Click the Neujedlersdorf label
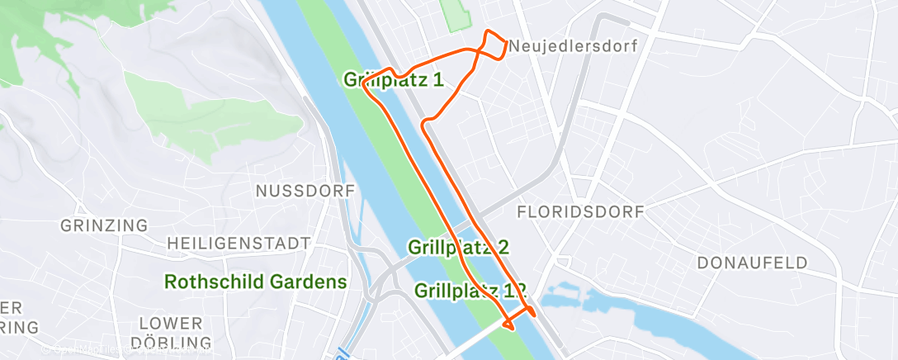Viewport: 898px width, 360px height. tap(574, 46)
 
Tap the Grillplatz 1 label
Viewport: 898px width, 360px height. tap(394, 79)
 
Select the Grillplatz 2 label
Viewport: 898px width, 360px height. tap(458, 247)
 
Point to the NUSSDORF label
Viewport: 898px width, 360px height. tap(305, 191)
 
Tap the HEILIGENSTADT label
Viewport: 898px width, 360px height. tap(239, 243)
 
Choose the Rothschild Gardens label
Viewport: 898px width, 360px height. tap(256, 282)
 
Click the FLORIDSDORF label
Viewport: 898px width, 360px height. tap(580, 212)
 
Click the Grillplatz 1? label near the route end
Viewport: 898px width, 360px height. tap(470, 291)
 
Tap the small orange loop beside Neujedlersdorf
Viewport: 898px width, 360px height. tap(495, 45)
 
